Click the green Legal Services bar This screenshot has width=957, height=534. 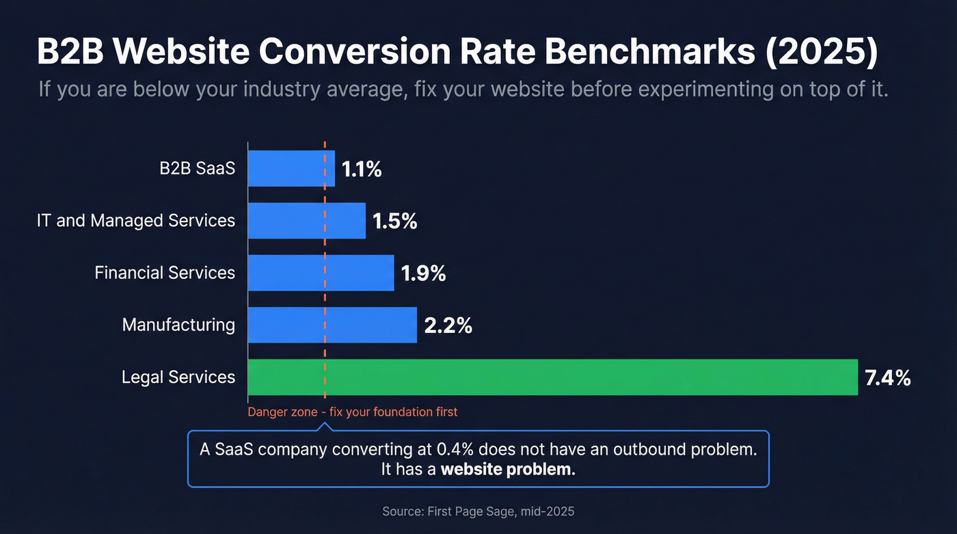(x=552, y=377)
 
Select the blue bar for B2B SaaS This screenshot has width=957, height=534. (x=291, y=169)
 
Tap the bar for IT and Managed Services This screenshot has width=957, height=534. (x=306, y=221)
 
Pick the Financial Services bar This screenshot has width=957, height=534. (x=321, y=273)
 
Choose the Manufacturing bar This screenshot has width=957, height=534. (x=332, y=325)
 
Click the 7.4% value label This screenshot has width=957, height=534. (x=887, y=377)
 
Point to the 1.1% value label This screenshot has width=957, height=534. (x=362, y=170)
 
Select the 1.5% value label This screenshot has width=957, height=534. (x=394, y=222)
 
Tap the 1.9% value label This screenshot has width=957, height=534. (x=423, y=273)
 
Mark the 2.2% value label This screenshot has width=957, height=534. (x=448, y=325)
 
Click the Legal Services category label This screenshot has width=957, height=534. (x=178, y=377)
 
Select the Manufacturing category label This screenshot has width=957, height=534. (x=178, y=325)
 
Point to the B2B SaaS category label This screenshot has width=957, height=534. (x=197, y=169)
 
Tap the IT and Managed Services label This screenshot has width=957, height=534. (x=136, y=221)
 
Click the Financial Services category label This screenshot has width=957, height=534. (x=165, y=273)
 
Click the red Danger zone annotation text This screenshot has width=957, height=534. (x=352, y=412)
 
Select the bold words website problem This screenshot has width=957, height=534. (x=508, y=470)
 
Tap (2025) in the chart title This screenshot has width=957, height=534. (x=820, y=53)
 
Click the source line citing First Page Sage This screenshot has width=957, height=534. (x=478, y=511)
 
